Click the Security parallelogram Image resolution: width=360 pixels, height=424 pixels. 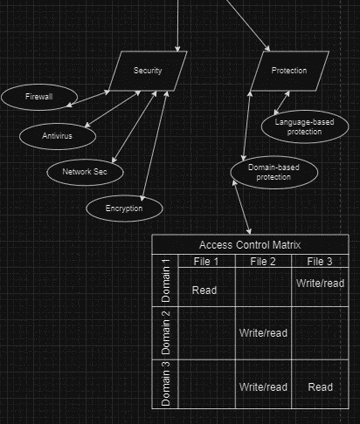pos(148,71)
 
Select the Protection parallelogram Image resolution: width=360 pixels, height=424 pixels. pos(289,71)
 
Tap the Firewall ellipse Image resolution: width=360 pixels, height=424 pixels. pos(39,97)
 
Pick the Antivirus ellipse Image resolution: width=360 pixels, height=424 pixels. pos(57,136)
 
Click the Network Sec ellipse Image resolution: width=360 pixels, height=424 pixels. pos(84,171)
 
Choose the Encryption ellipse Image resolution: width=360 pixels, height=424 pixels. pos(124,209)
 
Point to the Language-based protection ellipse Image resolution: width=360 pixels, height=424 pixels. pos(305,127)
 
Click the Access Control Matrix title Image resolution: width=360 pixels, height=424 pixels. pos(250,245)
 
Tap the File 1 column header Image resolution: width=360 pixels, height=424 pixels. pos(206,261)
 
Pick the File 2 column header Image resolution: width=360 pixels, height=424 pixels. pos(263,261)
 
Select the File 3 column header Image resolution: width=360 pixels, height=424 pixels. pos(320,261)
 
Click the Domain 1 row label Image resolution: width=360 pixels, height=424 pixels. pos(165,281)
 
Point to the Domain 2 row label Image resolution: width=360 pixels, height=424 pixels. pos(165,332)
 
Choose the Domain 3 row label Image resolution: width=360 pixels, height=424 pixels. pos(165,384)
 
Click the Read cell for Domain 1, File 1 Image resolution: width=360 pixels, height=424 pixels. pos(205,290)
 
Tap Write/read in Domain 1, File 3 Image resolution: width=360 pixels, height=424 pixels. pos(320,283)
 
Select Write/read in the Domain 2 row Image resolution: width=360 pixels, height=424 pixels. pos(263,333)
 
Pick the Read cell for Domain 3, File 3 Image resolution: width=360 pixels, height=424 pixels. pos(320,387)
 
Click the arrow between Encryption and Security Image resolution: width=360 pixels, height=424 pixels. pos(155,146)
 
